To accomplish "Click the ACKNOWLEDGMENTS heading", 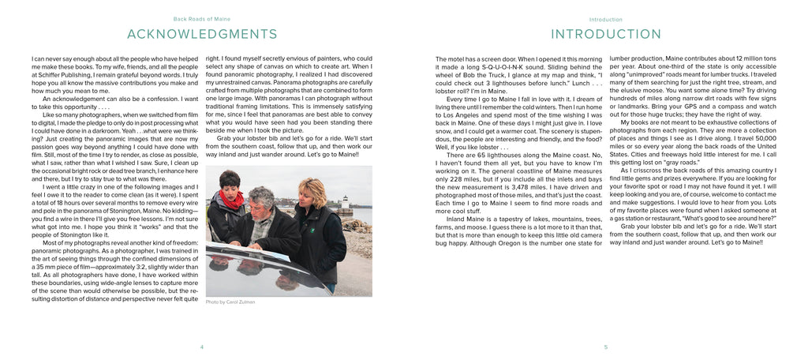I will (x=202, y=34).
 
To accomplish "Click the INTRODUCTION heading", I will (x=605, y=34).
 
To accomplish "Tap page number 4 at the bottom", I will (x=202, y=346).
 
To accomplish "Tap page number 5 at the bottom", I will (x=605, y=346).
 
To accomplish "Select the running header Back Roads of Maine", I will (x=201, y=18).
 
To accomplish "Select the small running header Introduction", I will (x=605, y=18).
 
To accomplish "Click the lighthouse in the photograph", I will (x=343, y=204).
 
